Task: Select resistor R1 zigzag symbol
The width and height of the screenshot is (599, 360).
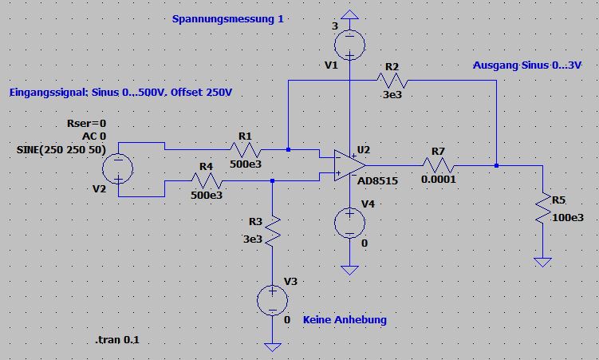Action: point(244,148)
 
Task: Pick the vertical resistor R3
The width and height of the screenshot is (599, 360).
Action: point(273,228)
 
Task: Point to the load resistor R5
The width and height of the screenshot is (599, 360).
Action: point(542,208)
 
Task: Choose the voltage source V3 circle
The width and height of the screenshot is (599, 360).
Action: point(272,302)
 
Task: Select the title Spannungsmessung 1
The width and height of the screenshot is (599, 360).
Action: point(227,19)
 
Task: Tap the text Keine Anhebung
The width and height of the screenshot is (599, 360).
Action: point(345,319)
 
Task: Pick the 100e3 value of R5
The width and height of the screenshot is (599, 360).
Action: point(569,217)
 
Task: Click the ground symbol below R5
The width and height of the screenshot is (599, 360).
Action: point(542,262)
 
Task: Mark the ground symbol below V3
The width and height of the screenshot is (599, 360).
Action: point(272,347)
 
